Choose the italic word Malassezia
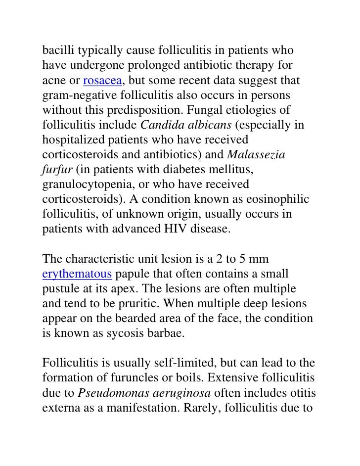pyautogui.click(x=256, y=155)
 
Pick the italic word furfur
pyautogui.click(x=56, y=170)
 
